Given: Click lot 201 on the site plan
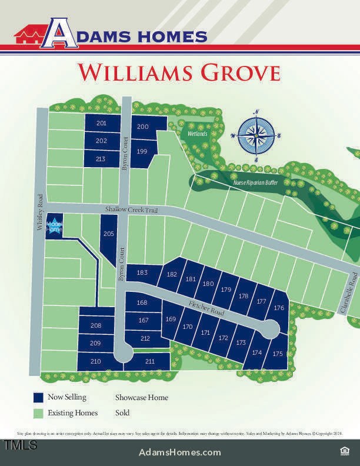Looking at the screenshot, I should point(101,123).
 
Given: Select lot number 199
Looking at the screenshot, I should point(141,152).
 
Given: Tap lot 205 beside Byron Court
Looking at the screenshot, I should point(108,234).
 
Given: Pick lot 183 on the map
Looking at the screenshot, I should point(142,272).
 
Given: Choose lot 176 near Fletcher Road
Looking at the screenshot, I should point(279,308).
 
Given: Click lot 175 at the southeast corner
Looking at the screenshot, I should point(278,354).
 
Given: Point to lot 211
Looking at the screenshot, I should point(149,361).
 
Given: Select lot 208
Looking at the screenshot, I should point(96,325).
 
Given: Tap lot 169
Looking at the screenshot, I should point(171,319).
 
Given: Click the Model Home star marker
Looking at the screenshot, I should point(54,226).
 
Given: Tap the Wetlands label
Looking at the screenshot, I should point(198,134).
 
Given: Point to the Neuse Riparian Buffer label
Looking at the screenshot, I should point(255,182).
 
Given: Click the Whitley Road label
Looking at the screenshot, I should point(40,213).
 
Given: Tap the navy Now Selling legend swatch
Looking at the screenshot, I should point(39,398).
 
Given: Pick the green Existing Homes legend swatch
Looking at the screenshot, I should point(39,413).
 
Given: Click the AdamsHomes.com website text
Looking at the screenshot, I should point(180,452).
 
